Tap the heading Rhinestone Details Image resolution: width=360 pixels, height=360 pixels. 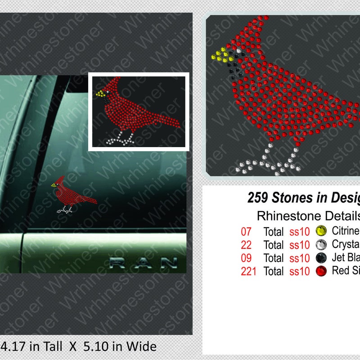pyautogui.click(x=308, y=215)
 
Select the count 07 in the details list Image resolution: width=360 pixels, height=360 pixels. pyautogui.click(x=246, y=232)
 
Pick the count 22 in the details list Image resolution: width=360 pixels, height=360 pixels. pyautogui.click(x=246, y=245)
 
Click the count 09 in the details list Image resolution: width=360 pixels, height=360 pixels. pyautogui.click(x=246, y=258)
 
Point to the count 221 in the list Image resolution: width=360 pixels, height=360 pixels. pyautogui.click(x=248, y=271)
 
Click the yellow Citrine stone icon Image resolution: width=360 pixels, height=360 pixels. pyautogui.click(x=321, y=231)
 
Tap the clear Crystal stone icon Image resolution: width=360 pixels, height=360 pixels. pyautogui.click(x=321, y=245)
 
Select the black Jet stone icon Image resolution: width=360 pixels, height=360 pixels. pyautogui.click(x=321, y=258)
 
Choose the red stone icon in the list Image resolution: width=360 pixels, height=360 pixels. pyautogui.click(x=321, y=271)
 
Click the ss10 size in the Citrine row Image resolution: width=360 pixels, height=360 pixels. pyautogui.click(x=300, y=232)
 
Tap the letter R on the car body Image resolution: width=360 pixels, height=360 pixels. pyautogui.click(x=118, y=263)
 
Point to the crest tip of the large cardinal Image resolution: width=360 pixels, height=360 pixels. pyautogui.click(x=259, y=19)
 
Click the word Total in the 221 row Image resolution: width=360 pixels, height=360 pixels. pyautogui.click(x=274, y=271)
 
